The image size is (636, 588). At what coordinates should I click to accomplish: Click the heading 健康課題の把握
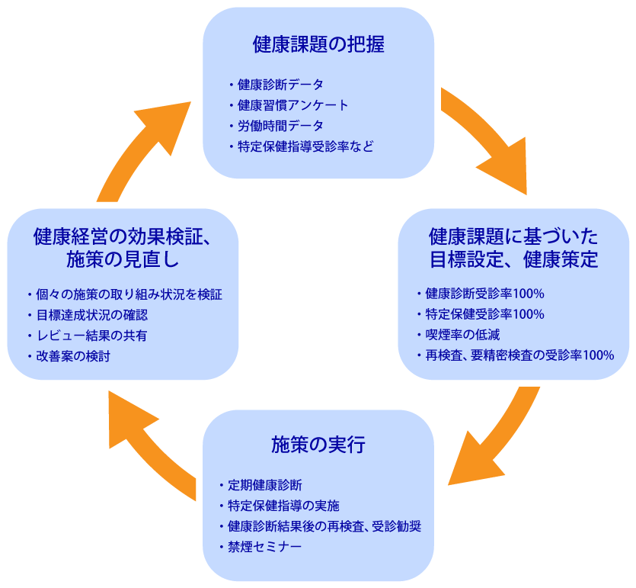(318, 45)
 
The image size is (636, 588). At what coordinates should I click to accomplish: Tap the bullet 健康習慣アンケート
(292, 105)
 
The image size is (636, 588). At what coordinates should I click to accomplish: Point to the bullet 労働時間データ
(280, 126)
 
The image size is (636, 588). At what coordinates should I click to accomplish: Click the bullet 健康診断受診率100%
(484, 294)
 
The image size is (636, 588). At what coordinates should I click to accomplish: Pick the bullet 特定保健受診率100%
(484, 314)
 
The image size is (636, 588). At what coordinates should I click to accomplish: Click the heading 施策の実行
(318, 445)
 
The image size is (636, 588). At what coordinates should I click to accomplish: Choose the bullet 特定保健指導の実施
(283, 506)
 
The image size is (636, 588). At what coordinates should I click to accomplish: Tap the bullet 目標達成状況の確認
(91, 315)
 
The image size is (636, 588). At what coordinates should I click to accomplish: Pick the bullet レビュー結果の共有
(91, 336)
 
